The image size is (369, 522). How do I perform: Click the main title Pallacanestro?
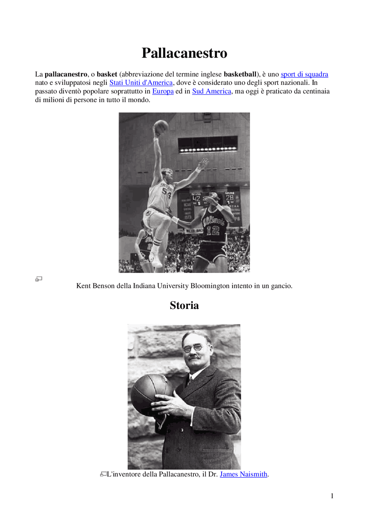click(184, 53)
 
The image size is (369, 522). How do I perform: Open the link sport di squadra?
click(304, 74)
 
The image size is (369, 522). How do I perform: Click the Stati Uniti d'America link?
click(141, 83)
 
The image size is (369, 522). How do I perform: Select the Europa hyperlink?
click(163, 91)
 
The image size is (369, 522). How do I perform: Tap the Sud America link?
click(212, 91)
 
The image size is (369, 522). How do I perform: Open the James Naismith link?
click(243, 474)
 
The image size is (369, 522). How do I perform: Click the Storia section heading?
click(184, 306)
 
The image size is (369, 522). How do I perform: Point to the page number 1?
click(332, 496)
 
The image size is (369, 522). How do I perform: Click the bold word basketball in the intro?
click(240, 74)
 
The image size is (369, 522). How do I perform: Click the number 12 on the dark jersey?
click(213, 230)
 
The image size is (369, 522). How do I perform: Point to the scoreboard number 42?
click(196, 198)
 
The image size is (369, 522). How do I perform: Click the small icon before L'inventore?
click(103, 474)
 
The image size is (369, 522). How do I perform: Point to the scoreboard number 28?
click(229, 197)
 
